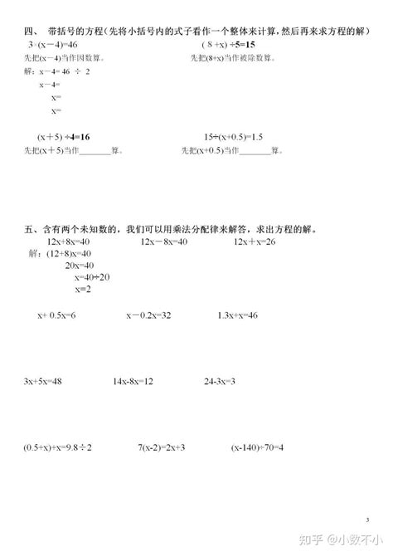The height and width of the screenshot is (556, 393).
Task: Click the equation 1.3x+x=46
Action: (x=238, y=316)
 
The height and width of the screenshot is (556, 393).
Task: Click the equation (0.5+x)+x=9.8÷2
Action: (x=58, y=447)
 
